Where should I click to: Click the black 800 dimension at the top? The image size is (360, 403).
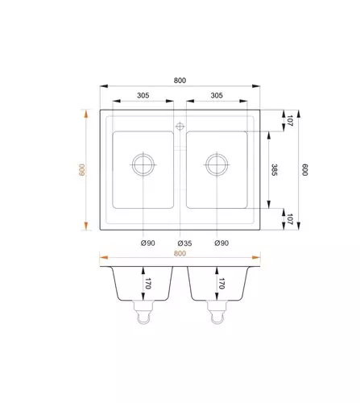tap(180, 81)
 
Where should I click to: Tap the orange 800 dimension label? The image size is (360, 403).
tap(180, 253)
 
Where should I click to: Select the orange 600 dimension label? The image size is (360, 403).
tap(82, 170)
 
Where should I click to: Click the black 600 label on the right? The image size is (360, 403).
tap(304, 170)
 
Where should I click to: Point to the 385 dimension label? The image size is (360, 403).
tap(274, 170)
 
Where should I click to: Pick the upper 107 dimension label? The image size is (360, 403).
tap(290, 121)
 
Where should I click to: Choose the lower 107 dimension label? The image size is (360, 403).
tap(290, 219)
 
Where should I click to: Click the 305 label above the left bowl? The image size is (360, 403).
tap(143, 95)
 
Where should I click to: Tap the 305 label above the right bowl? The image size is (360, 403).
tap(217, 95)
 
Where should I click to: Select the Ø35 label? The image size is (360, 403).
tap(184, 243)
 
